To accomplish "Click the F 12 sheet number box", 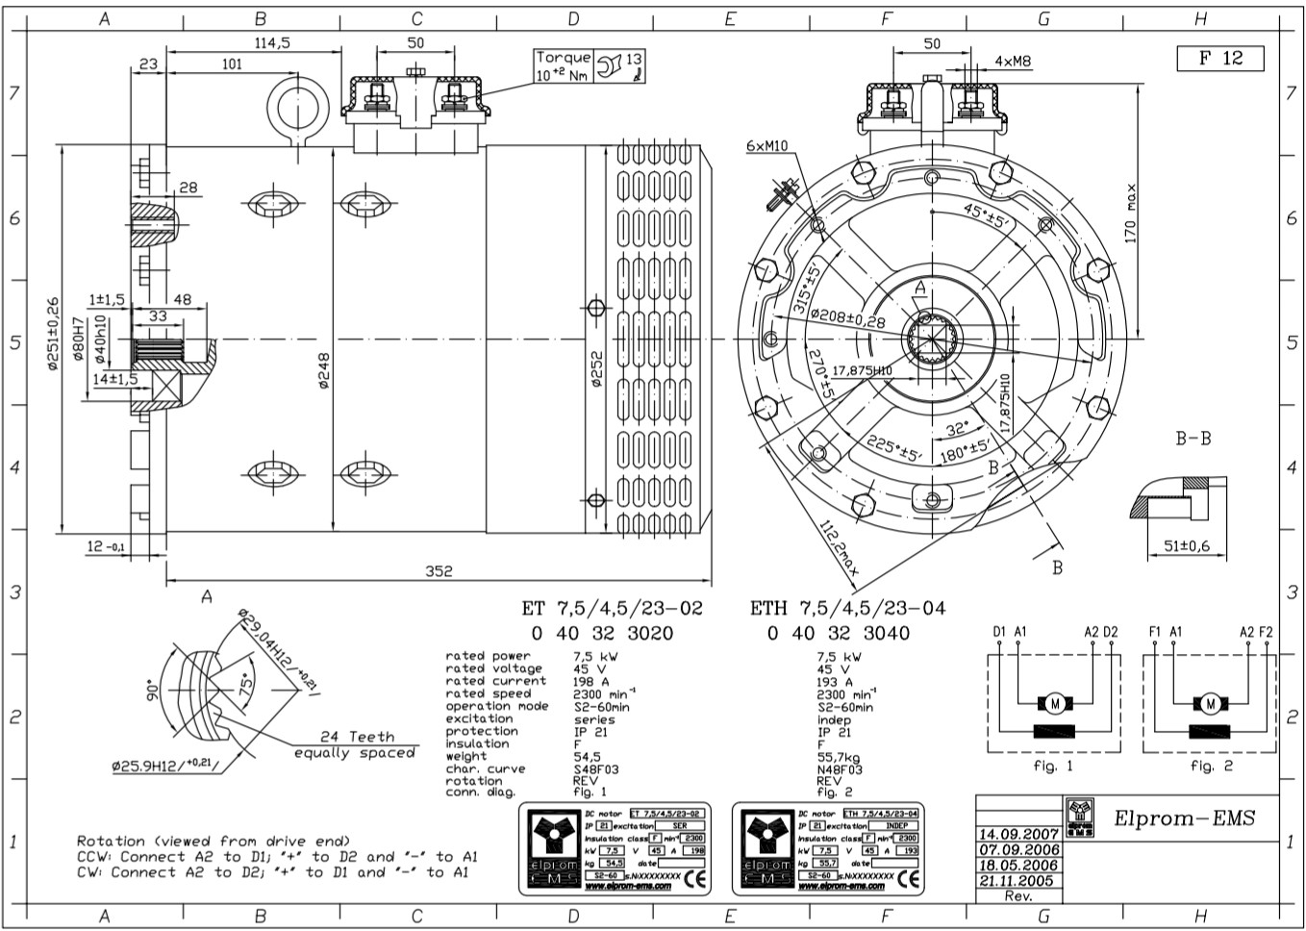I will (x=1219, y=58).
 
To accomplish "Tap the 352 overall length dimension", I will (x=439, y=570).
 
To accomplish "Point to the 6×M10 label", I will (x=766, y=146).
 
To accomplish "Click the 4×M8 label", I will (x=1013, y=62).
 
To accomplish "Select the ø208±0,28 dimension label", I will (x=846, y=318).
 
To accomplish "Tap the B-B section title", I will (x=1193, y=439).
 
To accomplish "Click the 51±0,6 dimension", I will (x=1187, y=546).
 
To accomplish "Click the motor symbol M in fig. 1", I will (x=1055, y=704).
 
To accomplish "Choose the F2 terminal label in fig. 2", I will (x=1266, y=632).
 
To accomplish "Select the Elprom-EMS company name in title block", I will (x=1184, y=818).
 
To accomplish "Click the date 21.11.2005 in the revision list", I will (x=1017, y=880).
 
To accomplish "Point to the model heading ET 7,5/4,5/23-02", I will (x=612, y=608).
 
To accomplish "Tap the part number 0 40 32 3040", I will (x=838, y=633).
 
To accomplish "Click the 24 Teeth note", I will (x=358, y=737).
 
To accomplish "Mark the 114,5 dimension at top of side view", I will (x=272, y=43).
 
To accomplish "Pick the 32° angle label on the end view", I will (x=956, y=429).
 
